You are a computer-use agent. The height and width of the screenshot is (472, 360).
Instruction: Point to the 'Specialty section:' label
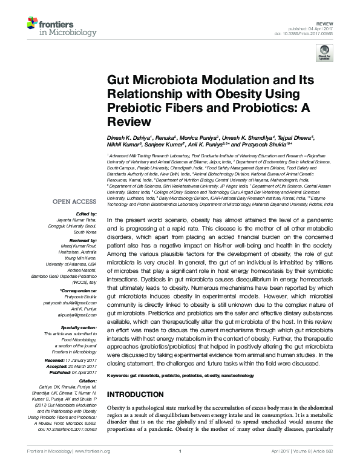[77, 328]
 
